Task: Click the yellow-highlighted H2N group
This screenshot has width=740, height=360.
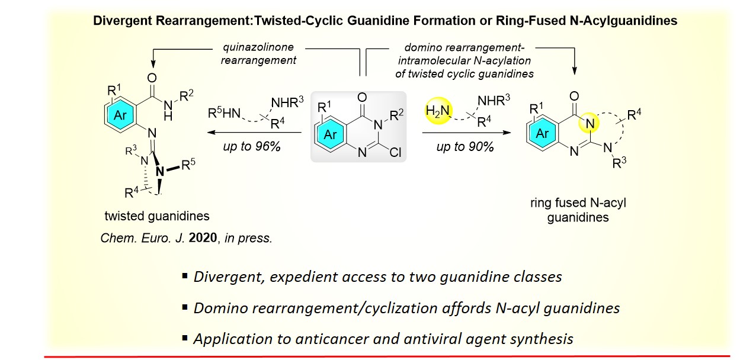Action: point(437,110)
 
